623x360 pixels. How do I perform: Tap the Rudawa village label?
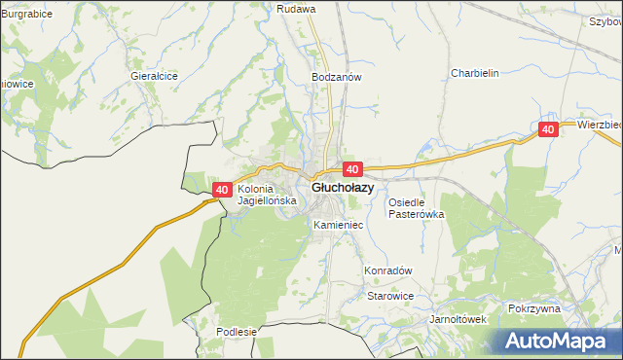click(296, 9)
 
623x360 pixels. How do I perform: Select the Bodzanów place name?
click(336, 77)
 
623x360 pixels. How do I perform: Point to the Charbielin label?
click(474, 73)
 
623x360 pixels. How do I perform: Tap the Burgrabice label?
click(26, 15)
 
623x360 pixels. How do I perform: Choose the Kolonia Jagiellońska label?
click(265, 195)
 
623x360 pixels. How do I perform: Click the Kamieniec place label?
click(338, 225)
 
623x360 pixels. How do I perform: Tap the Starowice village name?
click(389, 296)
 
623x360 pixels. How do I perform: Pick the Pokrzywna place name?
click(534, 308)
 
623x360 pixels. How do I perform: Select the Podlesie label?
click(237, 332)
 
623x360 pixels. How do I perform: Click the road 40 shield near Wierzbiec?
click(548, 129)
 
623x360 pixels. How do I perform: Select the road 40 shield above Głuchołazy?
click(352, 169)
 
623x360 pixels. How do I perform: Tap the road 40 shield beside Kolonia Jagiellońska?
click(222, 190)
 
